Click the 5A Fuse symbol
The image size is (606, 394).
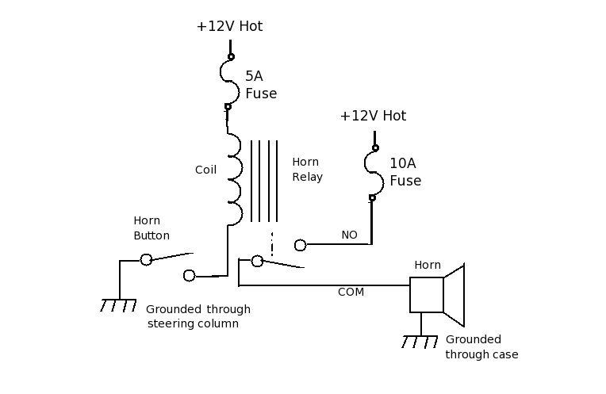click(x=228, y=82)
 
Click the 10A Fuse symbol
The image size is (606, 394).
click(x=373, y=173)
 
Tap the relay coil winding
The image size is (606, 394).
click(x=234, y=179)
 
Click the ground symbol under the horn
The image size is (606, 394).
click(x=420, y=342)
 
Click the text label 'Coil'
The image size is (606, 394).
click(x=205, y=170)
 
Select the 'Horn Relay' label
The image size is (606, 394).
click(x=307, y=170)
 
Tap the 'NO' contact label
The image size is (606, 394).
click(x=349, y=235)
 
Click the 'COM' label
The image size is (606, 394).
click(x=351, y=292)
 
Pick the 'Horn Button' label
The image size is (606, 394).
click(x=151, y=228)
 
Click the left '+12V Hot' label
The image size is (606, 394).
click(x=229, y=26)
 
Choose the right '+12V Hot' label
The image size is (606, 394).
click(x=373, y=116)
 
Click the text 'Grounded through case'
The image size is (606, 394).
click(x=481, y=347)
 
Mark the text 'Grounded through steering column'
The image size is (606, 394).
click(x=198, y=316)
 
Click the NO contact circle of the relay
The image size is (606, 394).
click(x=300, y=245)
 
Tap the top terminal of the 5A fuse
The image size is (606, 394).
click(x=231, y=56)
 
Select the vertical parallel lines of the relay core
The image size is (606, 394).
click(x=264, y=182)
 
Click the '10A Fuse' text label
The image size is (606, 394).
click(x=405, y=172)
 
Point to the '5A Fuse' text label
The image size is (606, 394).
click(x=260, y=85)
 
